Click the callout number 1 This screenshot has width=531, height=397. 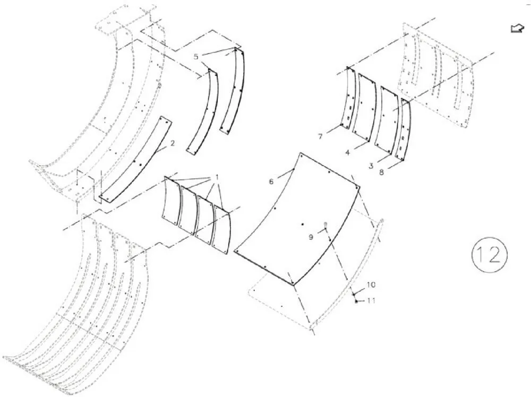(x=217, y=177)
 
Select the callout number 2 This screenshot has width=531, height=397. (x=173, y=143)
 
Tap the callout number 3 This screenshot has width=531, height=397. (x=371, y=166)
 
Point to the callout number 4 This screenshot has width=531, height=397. (x=347, y=153)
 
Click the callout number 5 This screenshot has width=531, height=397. (x=196, y=56)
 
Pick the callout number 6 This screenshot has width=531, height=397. (x=271, y=182)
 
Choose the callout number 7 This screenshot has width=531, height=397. (x=320, y=136)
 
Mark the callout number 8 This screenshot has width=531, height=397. (x=382, y=172)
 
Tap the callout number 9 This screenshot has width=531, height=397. (x=311, y=237)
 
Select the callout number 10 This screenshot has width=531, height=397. (x=371, y=284)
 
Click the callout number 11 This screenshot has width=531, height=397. (x=372, y=300)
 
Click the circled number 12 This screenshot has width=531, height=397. (x=490, y=254)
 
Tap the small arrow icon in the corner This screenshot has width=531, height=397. (x=517, y=29)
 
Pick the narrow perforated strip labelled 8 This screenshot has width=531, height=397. (x=404, y=131)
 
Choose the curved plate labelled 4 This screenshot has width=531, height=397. (x=365, y=107)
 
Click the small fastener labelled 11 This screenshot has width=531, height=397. (x=356, y=301)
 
